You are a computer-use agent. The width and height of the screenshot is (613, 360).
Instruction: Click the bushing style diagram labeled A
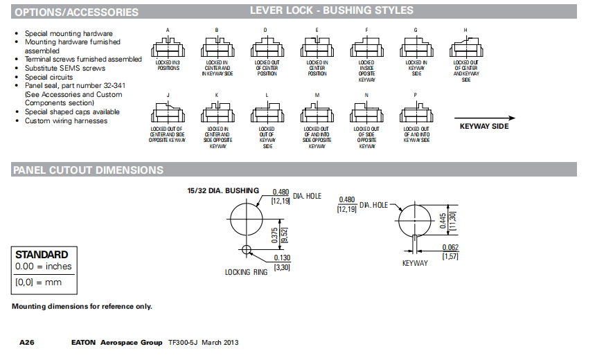[x=168, y=49]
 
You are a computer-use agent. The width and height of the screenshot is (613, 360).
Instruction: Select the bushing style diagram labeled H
[x=465, y=49]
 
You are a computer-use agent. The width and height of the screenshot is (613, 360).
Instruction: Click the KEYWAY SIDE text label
[x=484, y=127]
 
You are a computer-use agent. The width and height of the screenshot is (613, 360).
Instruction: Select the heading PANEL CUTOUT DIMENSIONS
[x=88, y=170]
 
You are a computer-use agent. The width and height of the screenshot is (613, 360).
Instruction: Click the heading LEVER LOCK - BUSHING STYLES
[x=331, y=10]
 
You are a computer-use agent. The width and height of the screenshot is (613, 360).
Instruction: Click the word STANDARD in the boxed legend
[x=42, y=255]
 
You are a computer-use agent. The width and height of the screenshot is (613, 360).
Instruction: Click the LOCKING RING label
[x=246, y=272]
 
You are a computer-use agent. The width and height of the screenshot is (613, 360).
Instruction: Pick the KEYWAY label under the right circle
[x=416, y=263]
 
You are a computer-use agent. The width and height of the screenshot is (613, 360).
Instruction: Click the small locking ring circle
[x=245, y=249]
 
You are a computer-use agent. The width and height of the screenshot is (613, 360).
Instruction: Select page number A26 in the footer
[x=27, y=343]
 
